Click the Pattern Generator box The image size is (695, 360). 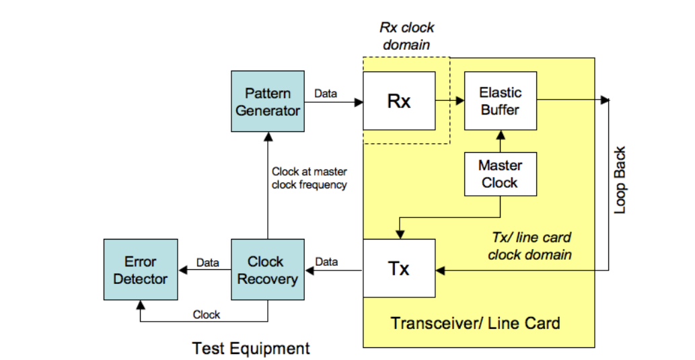268,102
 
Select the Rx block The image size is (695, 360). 398,101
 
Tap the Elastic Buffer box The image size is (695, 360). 500,101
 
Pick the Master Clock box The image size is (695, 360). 500,174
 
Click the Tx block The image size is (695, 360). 398,268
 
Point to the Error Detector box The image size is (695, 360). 140,270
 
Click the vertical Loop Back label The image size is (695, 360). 620,180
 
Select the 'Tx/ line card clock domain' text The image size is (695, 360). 529,246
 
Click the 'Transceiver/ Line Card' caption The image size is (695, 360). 475,323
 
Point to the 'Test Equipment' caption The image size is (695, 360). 251,349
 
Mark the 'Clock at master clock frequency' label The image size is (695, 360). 309,178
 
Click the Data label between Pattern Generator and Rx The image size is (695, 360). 326,94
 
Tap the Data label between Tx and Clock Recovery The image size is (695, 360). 326,261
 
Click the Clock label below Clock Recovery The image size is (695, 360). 206,314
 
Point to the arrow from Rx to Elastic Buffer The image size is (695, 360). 449,101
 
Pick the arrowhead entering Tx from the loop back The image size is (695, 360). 440,271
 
